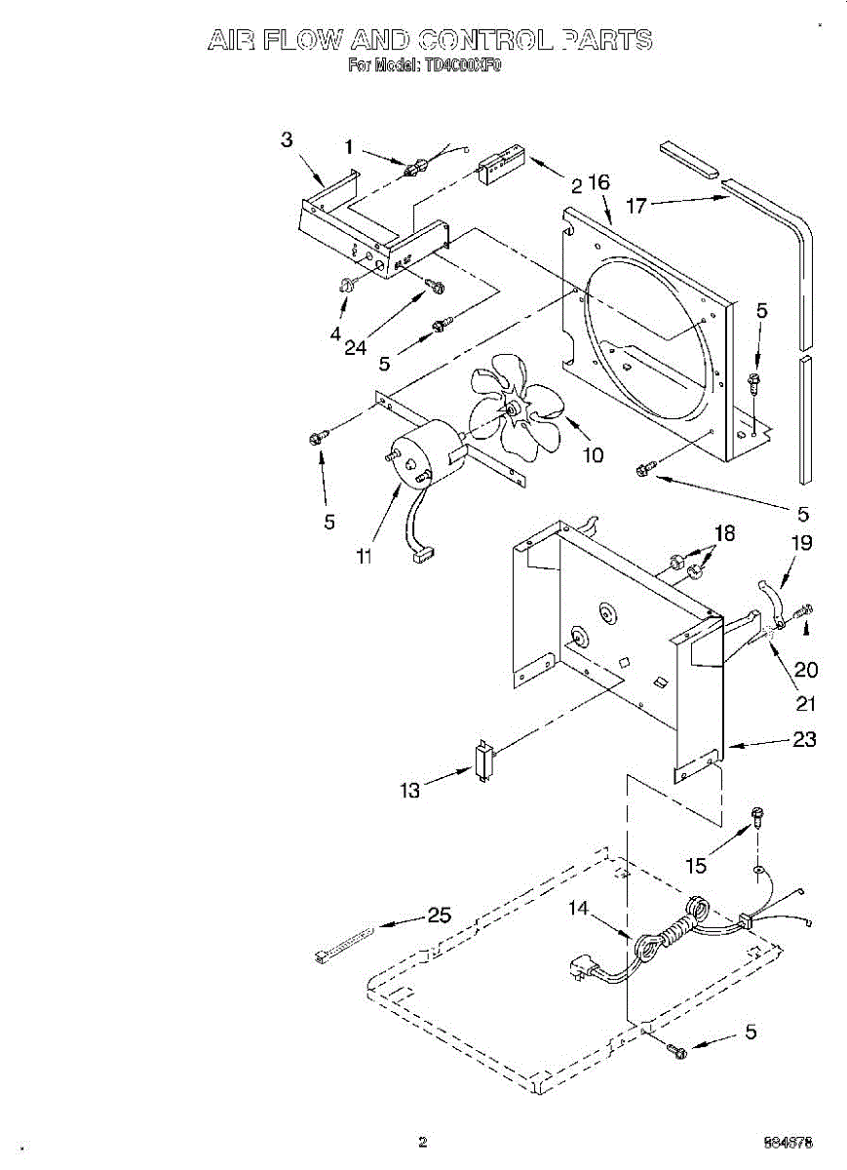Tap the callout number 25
pos(440,916)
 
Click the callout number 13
pos(410,791)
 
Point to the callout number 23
pos(804,740)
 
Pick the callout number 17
pos(636,205)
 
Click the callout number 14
pos(579,909)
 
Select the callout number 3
pos(287,140)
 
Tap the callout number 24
pos(356,348)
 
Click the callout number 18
pos(724,533)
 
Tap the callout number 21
pos(806,703)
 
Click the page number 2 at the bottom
pos(422,1142)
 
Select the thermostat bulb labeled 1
pos(413,168)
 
